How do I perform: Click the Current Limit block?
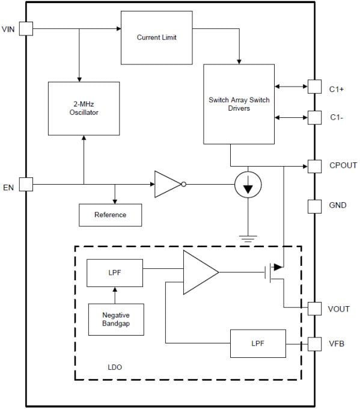(x=157, y=37)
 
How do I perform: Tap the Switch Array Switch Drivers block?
(x=239, y=104)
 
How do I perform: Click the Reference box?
(x=111, y=215)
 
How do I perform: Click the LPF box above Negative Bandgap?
(x=115, y=273)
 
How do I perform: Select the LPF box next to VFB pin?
(x=257, y=344)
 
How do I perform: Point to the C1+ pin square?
(x=314, y=87)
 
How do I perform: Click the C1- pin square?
(x=314, y=117)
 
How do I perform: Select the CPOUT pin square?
(x=314, y=166)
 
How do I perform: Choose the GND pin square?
(x=314, y=206)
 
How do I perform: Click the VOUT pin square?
(x=314, y=308)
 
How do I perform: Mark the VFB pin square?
(x=314, y=344)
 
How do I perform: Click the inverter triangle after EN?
(x=166, y=184)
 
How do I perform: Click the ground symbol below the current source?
(x=248, y=238)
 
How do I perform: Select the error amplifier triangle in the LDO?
(x=199, y=273)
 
